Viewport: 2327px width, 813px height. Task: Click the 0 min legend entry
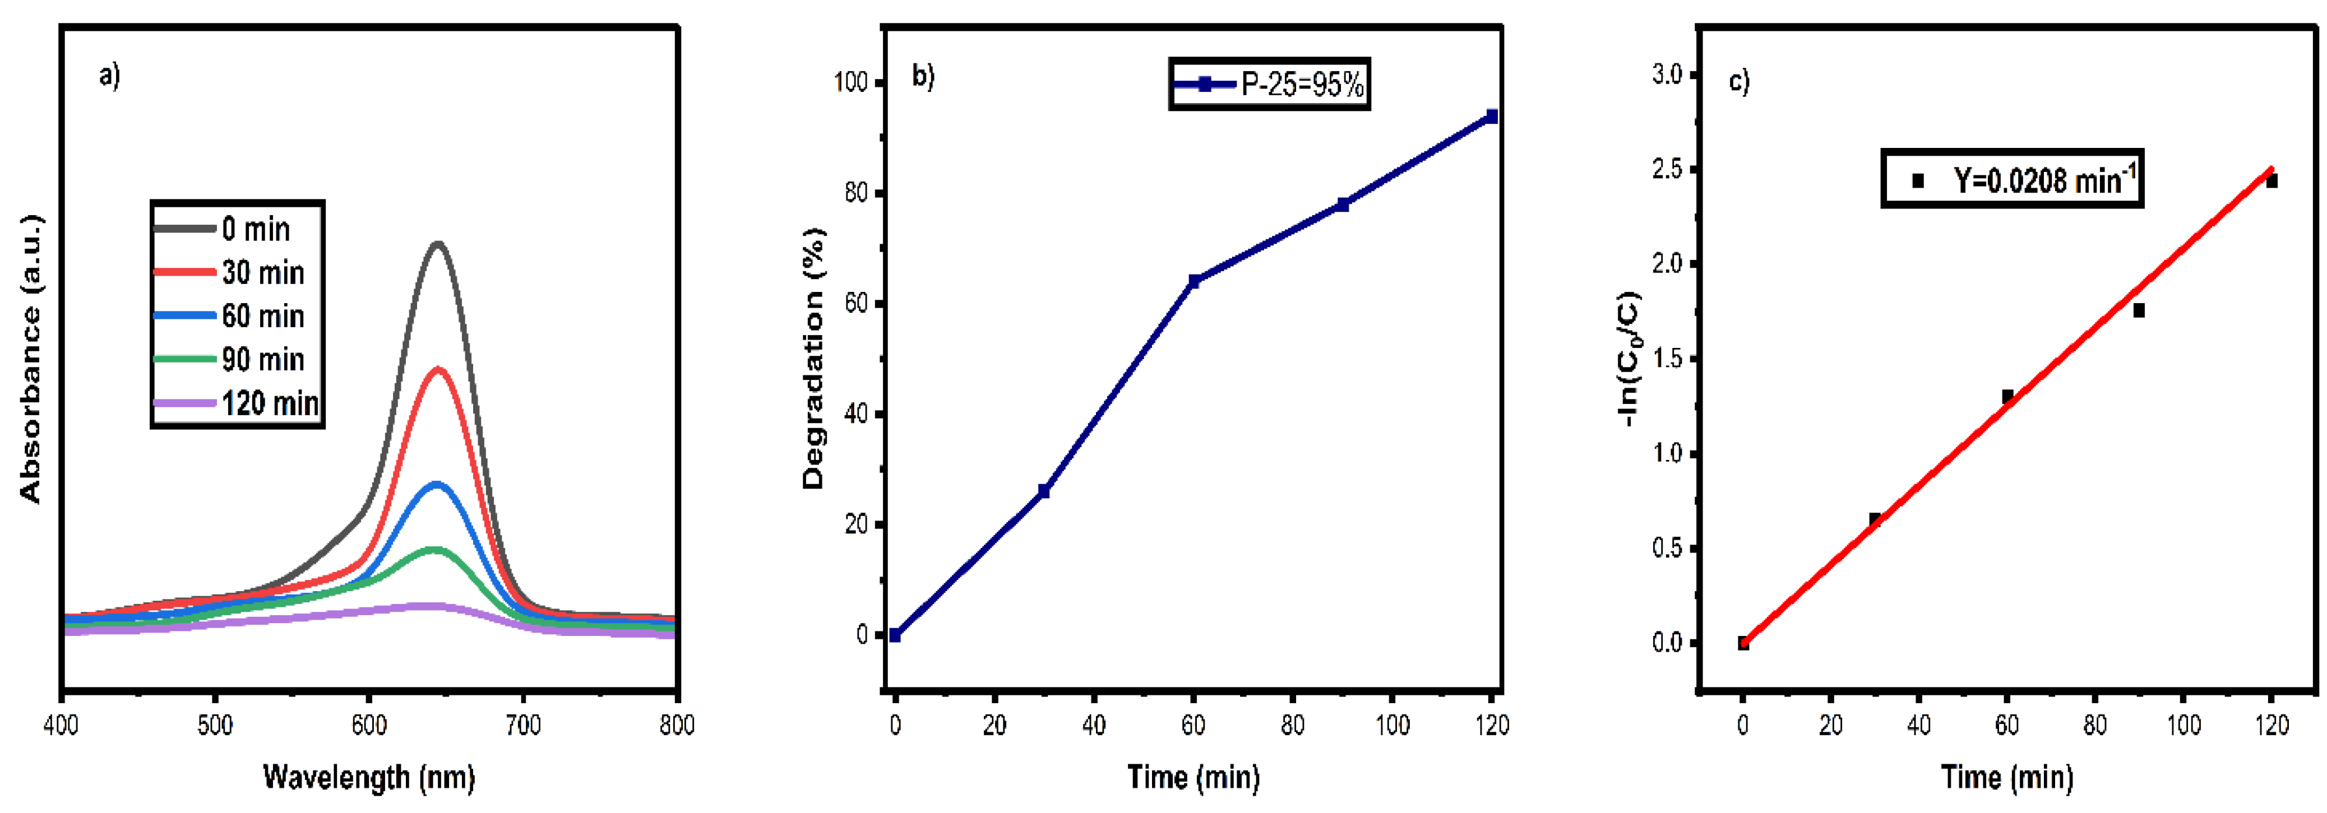[256, 230]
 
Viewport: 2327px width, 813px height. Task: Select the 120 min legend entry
[269, 403]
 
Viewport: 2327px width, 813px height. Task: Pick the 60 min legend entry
[263, 316]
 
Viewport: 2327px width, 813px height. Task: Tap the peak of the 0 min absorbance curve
[438, 243]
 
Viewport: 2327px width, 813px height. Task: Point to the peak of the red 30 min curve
[439, 369]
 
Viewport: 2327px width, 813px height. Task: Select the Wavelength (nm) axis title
[368, 777]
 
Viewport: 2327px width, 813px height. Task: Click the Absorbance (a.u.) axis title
[31, 359]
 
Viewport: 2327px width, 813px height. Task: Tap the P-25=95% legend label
[1302, 84]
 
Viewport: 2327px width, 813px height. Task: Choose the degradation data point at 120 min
[1491, 117]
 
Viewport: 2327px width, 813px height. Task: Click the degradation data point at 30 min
[1044, 490]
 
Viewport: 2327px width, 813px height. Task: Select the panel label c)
[1739, 81]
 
